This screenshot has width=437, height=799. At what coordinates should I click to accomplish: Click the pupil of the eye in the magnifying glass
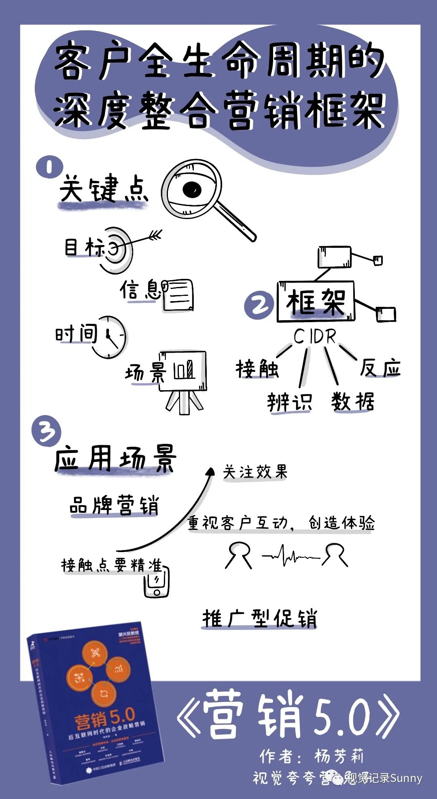coord(192,189)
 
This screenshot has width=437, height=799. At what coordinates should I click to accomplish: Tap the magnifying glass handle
coord(236,221)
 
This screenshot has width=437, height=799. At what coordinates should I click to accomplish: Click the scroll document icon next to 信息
coord(178,295)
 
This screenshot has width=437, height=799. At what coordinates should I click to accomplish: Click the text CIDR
coord(315,336)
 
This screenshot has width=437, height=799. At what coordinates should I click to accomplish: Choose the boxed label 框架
coord(316,302)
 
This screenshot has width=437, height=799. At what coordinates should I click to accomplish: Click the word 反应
coord(380,368)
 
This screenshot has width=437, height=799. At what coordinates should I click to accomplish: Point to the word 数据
coord(352,402)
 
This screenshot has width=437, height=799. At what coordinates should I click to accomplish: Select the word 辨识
coord(289,402)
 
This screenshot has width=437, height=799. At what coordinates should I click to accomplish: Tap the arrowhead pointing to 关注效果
coord(210,472)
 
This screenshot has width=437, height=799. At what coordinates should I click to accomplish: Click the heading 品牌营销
coord(114,505)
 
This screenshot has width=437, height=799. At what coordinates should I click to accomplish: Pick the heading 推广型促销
coord(259,618)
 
